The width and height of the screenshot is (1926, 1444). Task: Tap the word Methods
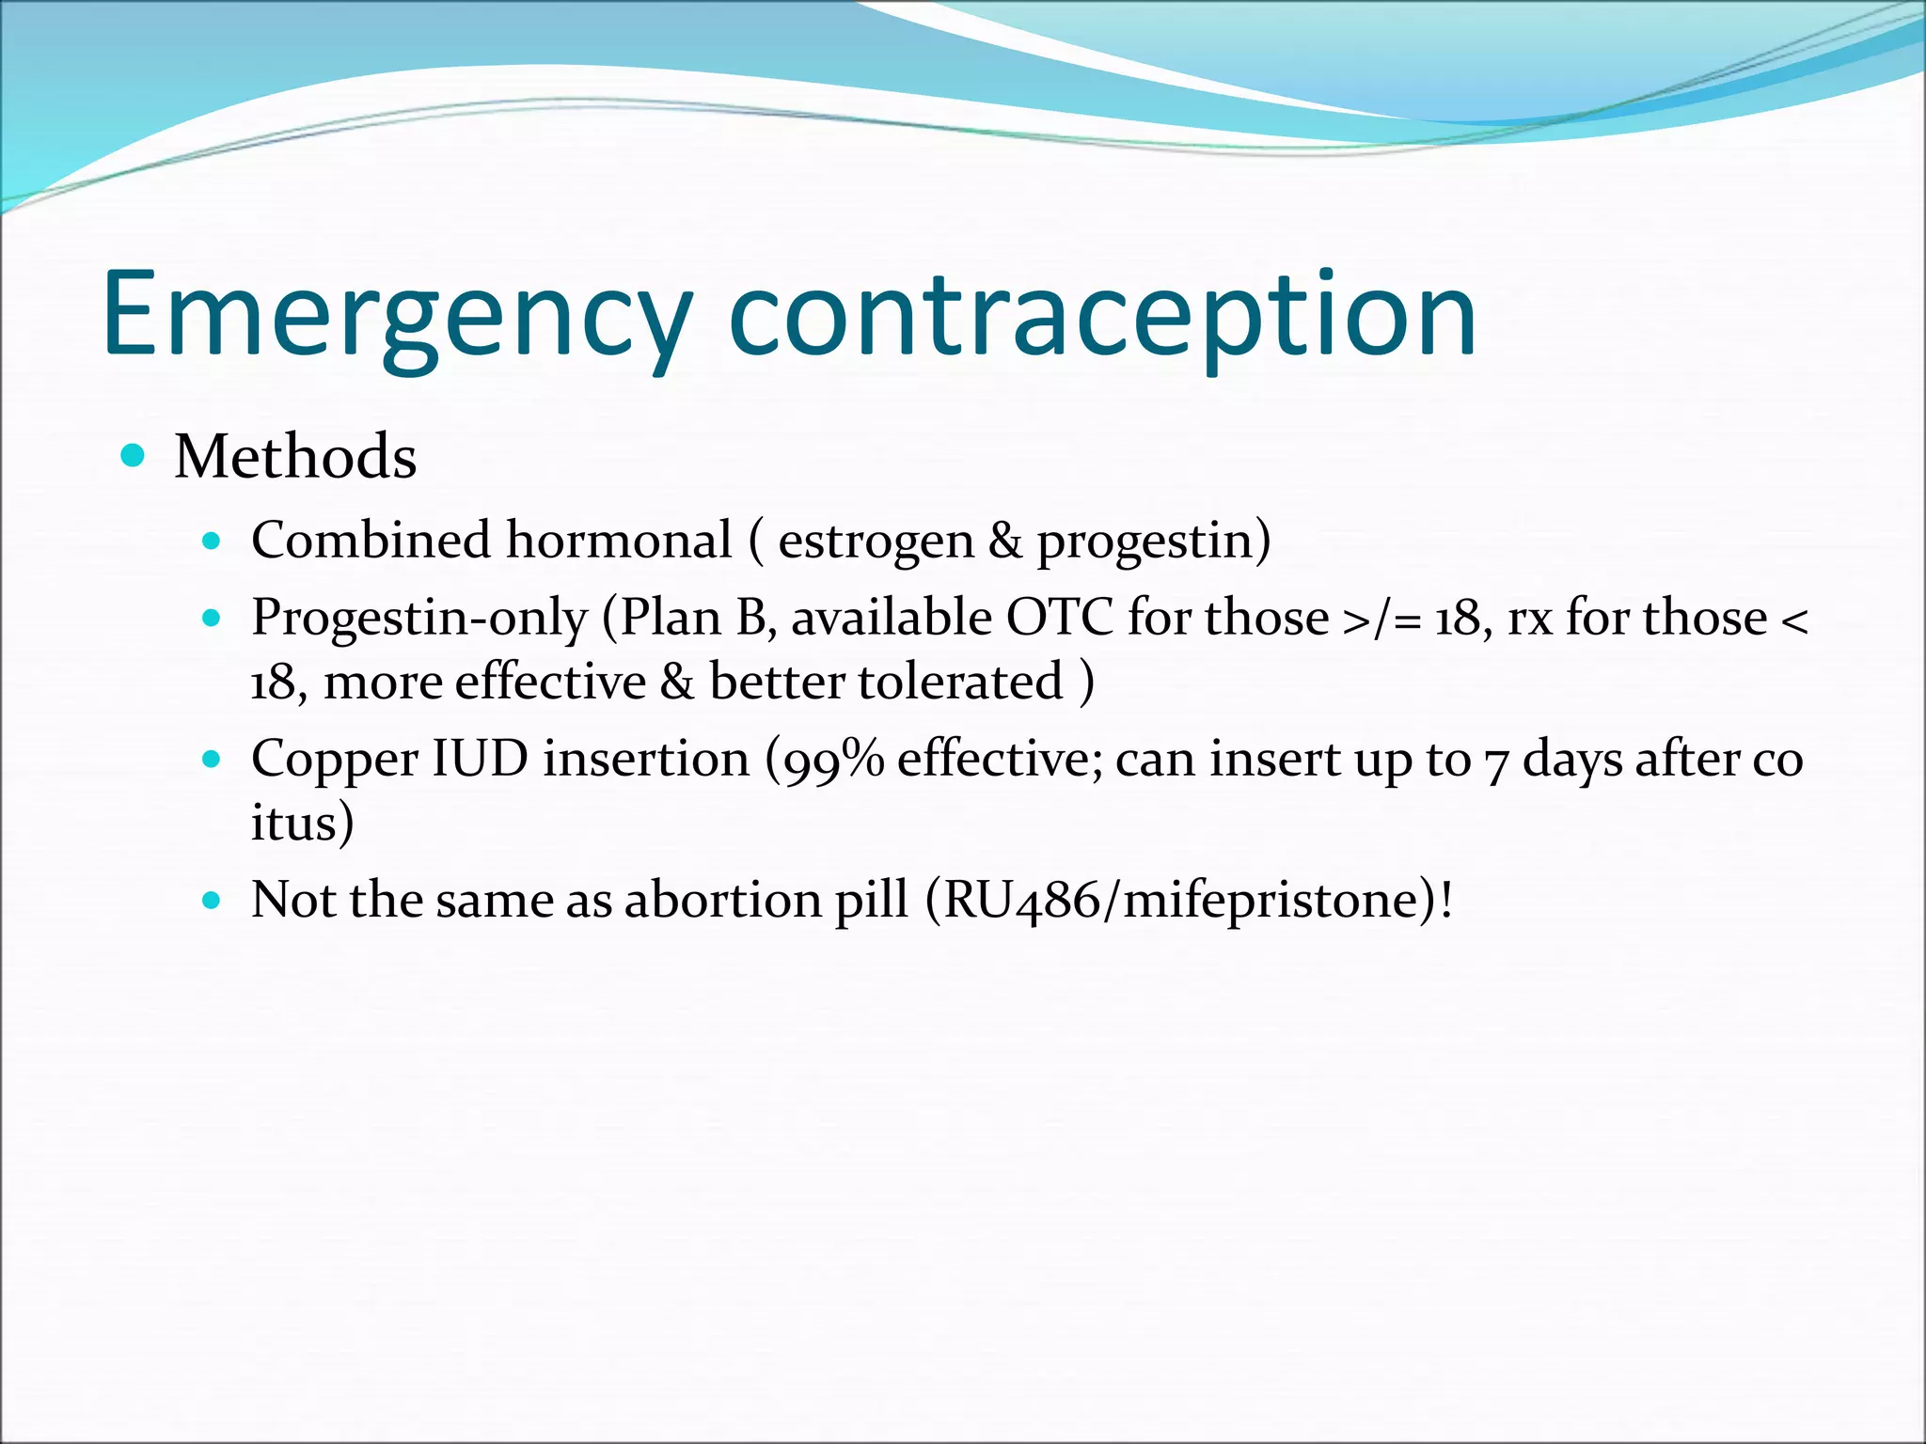[x=295, y=458]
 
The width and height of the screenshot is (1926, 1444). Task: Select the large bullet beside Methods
[x=134, y=457]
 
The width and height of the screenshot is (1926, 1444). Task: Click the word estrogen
[x=876, y=542]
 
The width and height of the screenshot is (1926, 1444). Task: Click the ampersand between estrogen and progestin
[x=1004, y=542]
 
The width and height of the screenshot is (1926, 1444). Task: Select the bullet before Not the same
[x=212, y=901]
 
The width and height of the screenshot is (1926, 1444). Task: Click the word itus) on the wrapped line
[x=302, y=823]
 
